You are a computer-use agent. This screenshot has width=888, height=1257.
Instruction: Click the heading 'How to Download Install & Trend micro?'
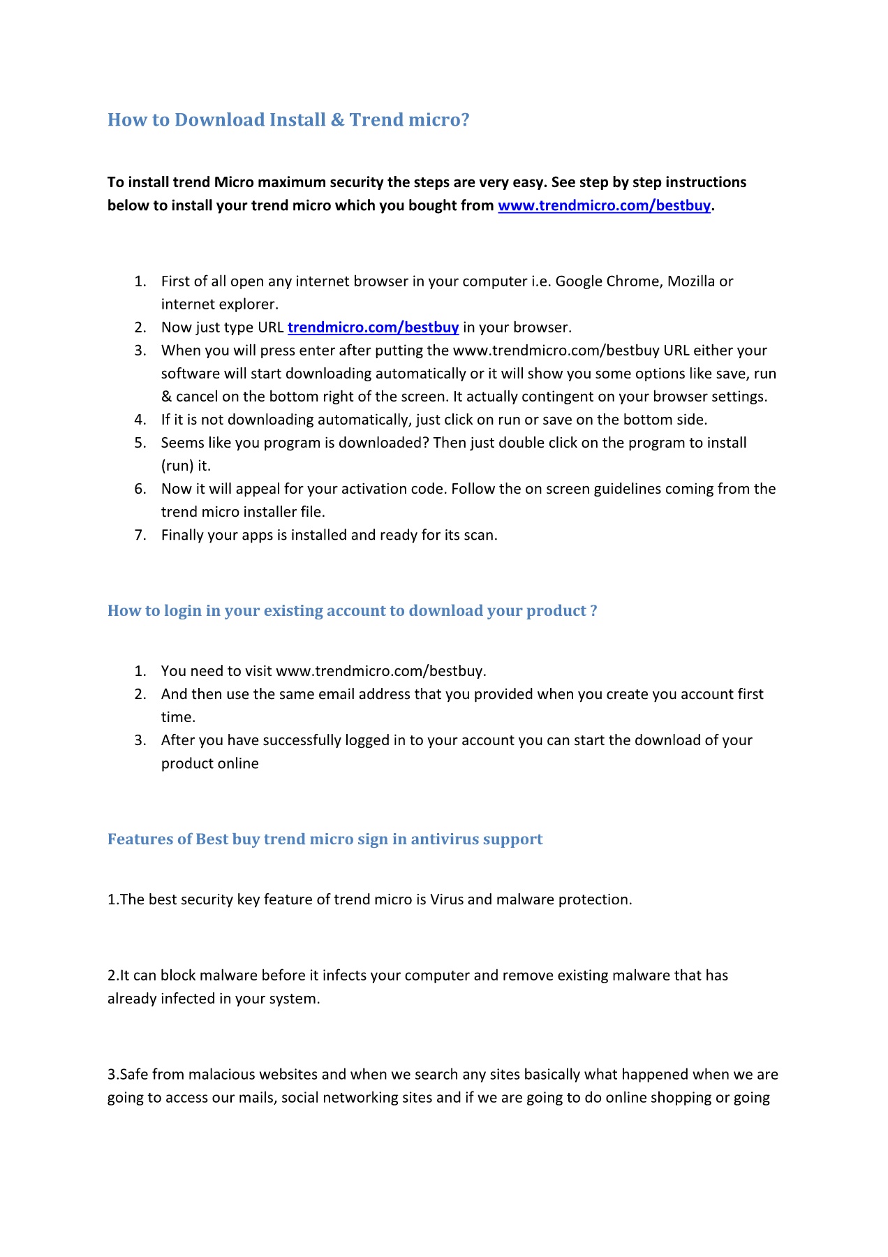click(x=288, y=120)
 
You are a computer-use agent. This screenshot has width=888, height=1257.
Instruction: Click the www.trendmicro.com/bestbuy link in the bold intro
click(x=604, y=205)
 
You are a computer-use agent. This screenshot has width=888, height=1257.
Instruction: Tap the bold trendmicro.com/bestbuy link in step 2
click(x=373, y=328)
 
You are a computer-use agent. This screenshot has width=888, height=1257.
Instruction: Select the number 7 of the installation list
click(x=140, y=536)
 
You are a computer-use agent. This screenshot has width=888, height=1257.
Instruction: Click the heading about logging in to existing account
click(x=352, y=611)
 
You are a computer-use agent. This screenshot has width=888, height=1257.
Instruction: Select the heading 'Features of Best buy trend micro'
click(x=325, y=839)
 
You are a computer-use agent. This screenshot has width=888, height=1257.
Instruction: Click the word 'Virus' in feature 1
click(x=447, y=899)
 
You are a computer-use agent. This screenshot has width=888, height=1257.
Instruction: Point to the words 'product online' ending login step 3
click(x=209, y=764)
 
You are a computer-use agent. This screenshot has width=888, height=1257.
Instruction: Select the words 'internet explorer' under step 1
click(x=219, y=304)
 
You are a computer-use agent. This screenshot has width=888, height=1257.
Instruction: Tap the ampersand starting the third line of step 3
click(x=166, y=397)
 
